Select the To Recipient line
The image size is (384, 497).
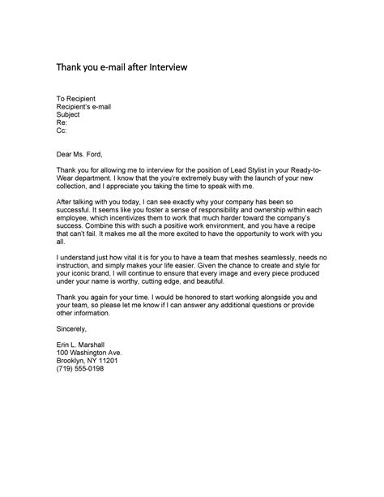tap(79, 98)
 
